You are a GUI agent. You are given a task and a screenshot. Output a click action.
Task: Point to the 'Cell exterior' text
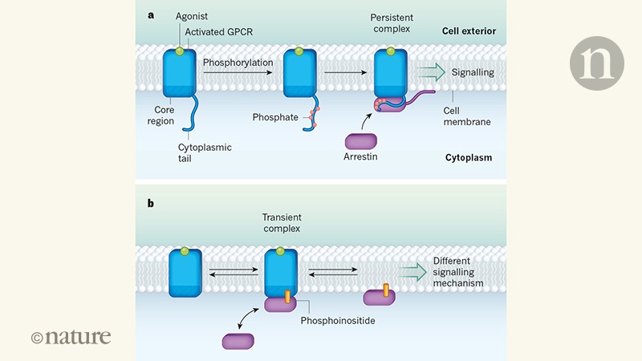click(468, 31)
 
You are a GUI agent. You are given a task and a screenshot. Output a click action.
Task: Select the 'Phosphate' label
click(274, 117)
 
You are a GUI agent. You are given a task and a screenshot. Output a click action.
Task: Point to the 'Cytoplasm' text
click(468, 158)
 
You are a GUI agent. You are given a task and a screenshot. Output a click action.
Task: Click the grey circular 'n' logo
click(596, 63)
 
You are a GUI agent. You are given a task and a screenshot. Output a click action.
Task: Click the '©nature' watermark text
click(71, 337)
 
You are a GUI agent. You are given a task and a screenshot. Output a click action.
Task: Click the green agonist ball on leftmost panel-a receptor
click(181, 52)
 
